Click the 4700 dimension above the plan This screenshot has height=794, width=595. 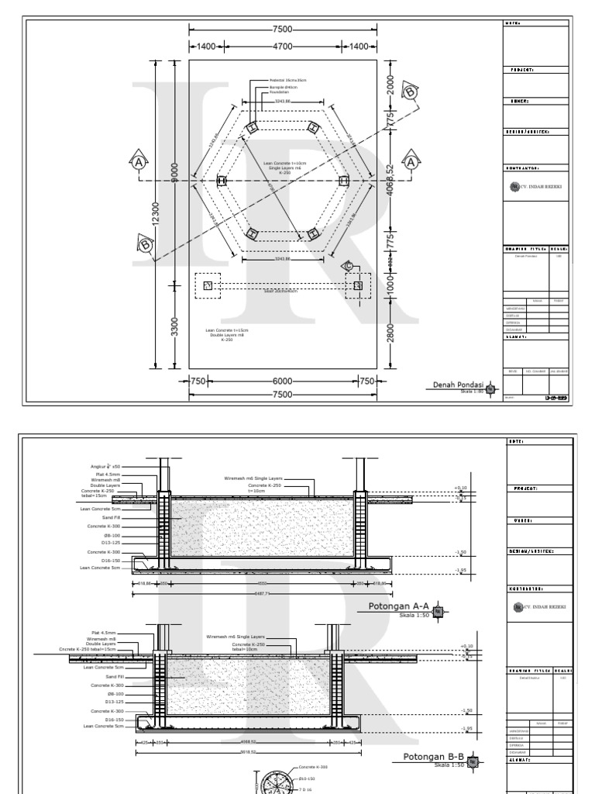click(283, 47)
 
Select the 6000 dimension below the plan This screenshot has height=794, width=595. click(283, 381)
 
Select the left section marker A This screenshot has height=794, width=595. click(139, 163)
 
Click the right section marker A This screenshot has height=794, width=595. click(412, 162)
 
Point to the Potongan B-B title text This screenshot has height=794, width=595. click(432, 757)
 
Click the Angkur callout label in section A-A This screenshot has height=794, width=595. click(108, 467)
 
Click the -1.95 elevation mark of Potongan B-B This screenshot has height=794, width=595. click(466, 728)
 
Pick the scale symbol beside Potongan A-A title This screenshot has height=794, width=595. click(439, 611)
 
